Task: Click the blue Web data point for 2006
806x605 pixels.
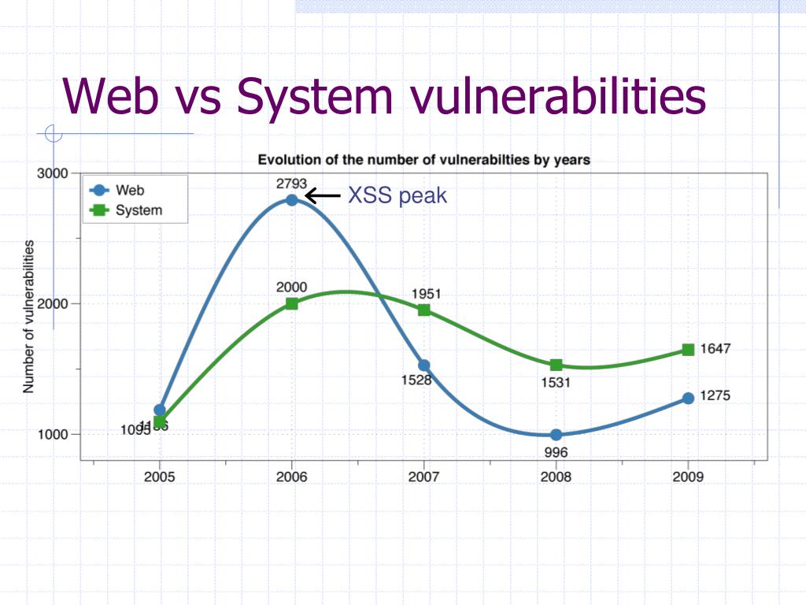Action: (291, 199)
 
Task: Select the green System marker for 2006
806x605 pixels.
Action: (291, 303)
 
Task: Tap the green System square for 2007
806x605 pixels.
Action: (423, 310)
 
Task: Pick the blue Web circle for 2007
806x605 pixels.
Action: (423, 365)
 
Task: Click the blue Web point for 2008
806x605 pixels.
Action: (556, 435)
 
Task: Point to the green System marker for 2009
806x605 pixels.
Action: (688, 350)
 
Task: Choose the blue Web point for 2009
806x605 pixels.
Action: (688, 398)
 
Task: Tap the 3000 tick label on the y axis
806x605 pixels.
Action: (53, 173)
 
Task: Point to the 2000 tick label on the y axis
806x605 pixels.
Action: (53, 304)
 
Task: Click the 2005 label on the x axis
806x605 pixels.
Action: (160, 477)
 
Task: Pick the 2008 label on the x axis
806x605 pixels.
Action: (556, 477)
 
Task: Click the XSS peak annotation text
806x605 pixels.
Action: (397, 195)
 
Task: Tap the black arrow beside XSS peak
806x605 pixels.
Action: (323, 195)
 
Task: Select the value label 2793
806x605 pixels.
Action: (291, 184)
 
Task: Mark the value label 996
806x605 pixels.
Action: (556, 452)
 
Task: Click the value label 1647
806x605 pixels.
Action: (716, 349)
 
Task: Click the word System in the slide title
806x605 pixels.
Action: (315, 96)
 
